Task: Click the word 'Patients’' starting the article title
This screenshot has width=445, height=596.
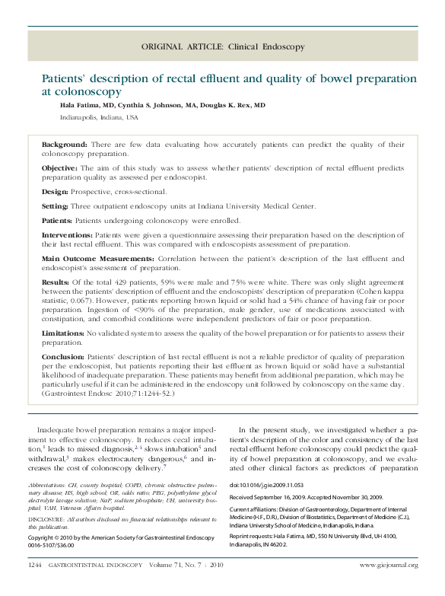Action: [64, 78]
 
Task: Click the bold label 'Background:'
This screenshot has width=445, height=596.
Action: [65, 144]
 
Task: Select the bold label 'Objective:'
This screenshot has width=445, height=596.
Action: [62, 167]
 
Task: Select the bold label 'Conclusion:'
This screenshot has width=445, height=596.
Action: [64, 357]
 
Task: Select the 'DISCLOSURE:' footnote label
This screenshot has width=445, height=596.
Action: [46, 519]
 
